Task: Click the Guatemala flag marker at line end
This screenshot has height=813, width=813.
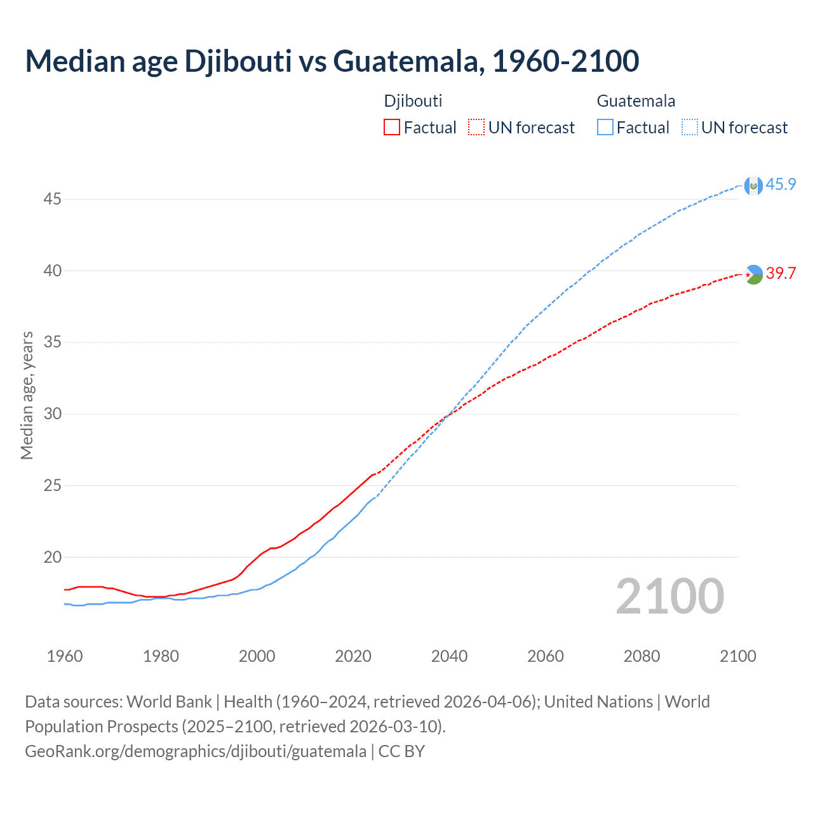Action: [753, 185]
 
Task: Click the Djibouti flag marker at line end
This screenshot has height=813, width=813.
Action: [753, 274]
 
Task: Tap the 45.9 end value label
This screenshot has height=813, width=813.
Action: [781, 185]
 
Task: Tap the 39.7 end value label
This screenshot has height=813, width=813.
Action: [781, 274]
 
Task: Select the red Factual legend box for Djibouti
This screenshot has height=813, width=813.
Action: [392, 128]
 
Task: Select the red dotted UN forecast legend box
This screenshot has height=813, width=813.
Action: [476, 128]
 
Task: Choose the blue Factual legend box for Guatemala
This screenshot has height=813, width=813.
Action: [605, 128]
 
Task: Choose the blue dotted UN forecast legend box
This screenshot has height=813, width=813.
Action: [689, 128]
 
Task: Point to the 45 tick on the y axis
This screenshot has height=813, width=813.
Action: [52, 199]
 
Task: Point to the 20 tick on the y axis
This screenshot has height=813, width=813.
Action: [52, 558]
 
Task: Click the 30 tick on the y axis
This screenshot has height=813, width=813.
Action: [52, 414]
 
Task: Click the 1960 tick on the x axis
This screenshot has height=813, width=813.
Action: [65, 656]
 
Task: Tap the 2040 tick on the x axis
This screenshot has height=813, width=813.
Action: [449, 656]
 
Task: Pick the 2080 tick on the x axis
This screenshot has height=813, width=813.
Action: [642, 656]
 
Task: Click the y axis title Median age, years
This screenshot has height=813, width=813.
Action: [27, 395]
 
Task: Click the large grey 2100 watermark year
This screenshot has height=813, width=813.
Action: [669, 596]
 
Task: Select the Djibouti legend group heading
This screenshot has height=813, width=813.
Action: [413, 101]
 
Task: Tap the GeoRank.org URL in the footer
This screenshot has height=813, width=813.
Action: [196, 751]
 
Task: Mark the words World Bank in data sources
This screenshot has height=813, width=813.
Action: [169, 702]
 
